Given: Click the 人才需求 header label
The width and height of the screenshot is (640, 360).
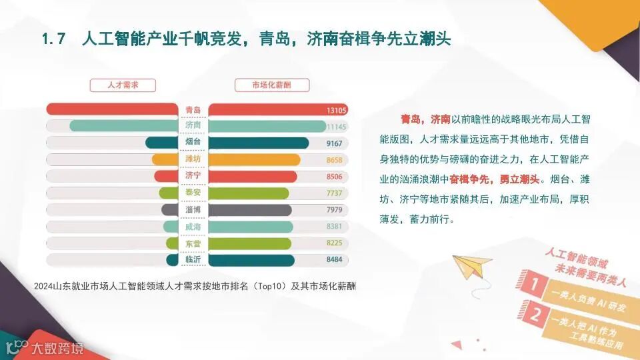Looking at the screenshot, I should pos(123,85).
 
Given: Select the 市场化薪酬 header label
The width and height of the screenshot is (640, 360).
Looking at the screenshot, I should pos(271,85).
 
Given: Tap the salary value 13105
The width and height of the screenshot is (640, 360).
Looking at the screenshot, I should pos(337,109).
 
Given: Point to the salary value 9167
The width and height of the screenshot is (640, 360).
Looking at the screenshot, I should pos(335,143).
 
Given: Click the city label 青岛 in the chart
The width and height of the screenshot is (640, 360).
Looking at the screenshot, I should pos(193,109).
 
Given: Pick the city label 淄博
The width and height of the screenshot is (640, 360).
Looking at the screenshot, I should pos(193,210).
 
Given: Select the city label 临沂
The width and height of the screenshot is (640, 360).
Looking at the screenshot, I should pos(193,260).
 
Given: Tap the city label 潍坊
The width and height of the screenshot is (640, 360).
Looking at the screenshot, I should pos(193,160).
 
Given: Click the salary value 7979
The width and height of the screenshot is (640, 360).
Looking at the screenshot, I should pos(335,210).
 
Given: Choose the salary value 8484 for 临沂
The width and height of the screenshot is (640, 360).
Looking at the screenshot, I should pos(335,260).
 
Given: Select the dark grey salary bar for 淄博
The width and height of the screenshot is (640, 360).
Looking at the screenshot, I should pos(250,210).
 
